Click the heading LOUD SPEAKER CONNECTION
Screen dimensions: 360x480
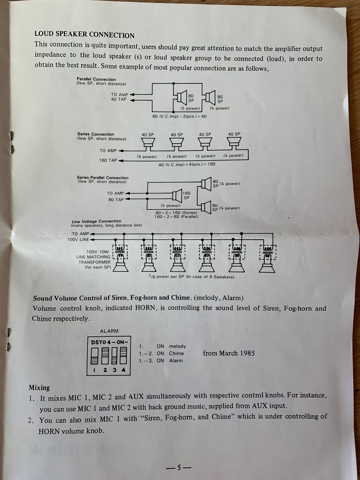[x=84, y=35]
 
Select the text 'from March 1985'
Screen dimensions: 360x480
[x=229, y=353]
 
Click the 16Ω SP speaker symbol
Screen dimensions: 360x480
[x=177, y=196]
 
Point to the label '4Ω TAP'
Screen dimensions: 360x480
[x=119, y=99]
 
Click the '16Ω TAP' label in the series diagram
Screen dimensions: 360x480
[x=108, y=160]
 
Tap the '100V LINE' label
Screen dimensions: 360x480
[x=78, y=239]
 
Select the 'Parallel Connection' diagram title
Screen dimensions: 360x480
[x=96, y=79]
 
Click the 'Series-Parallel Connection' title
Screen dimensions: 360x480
[x=102, y=177]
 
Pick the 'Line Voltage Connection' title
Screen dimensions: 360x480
[x=96, y=221]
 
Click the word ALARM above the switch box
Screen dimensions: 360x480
[x=109, y=331]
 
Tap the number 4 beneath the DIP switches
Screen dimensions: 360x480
[x=124, y=370]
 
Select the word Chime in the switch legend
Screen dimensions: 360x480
[x=176, y=353]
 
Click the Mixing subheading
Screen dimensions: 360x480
[x=39, y=388]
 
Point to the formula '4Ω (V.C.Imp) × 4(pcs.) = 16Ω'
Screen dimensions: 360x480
[x=187, y=164]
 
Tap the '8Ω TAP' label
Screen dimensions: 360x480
[x=116, y=200]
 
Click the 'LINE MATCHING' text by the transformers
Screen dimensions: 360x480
[x=93, y=257]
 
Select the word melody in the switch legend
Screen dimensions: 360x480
[x=177, y=346]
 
